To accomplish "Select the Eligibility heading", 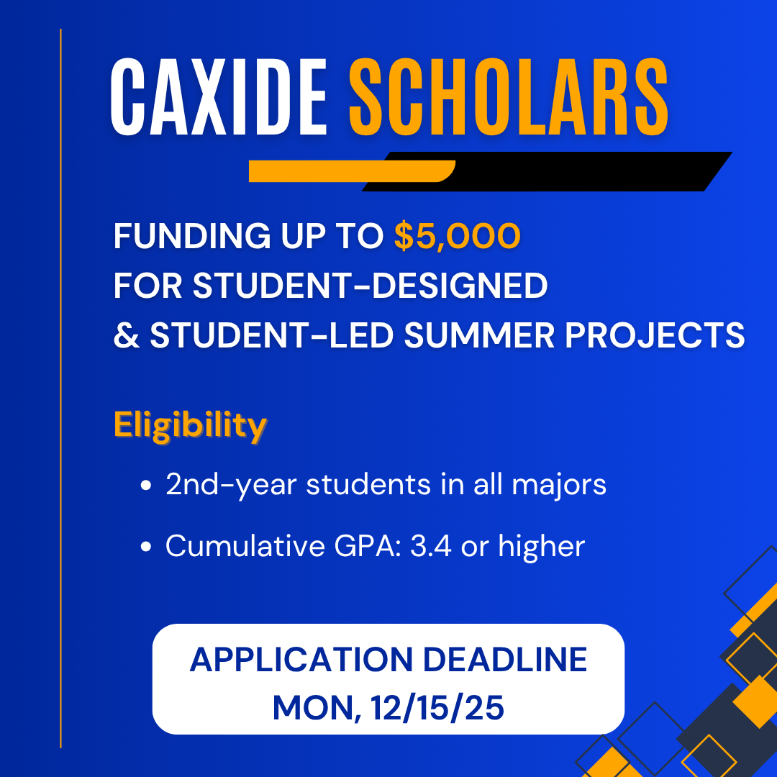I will tap(190, 425).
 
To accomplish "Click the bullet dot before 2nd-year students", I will tap(147, 486).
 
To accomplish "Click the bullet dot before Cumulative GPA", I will tap(147, 547).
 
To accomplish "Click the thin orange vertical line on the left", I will tap(61, 388).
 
